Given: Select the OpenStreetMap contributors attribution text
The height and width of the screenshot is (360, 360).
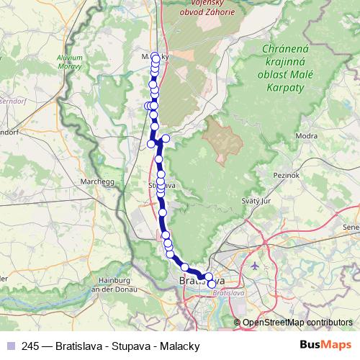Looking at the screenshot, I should click(x=297, y=323).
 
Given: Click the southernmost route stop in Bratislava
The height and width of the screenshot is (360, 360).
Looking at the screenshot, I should click(x=211, y=284).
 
